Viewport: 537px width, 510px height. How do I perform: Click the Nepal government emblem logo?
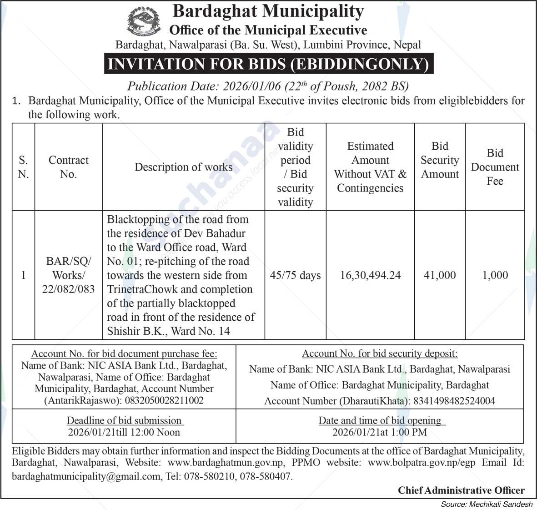point(144,22)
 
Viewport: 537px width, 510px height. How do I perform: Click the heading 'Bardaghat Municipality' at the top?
point(268,11)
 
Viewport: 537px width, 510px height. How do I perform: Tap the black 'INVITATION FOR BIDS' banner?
point(268,64)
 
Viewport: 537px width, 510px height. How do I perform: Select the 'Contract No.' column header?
point(68,167)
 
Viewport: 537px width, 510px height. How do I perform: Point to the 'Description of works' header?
point(183,167)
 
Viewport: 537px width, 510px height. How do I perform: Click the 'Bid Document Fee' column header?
point(495,167)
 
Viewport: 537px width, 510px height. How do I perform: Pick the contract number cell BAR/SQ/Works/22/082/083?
point(68,275)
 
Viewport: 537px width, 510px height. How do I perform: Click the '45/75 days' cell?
point(295,275)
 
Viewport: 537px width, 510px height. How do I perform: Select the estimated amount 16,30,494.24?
point(370,275)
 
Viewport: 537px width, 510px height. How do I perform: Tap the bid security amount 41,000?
point(440,275)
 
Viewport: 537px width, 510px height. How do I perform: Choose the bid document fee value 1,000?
point(495,275)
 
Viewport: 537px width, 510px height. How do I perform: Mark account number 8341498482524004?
point(453,401)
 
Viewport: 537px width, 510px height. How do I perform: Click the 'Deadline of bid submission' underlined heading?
point(124,420)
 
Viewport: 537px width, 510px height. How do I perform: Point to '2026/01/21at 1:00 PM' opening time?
point(379,432)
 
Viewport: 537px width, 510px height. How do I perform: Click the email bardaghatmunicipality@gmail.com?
point(86,476)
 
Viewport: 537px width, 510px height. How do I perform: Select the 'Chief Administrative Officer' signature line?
point(461,490)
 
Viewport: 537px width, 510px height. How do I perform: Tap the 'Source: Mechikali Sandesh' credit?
point(487,504)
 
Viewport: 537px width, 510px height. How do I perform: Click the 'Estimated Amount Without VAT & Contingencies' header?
point(370,167)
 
